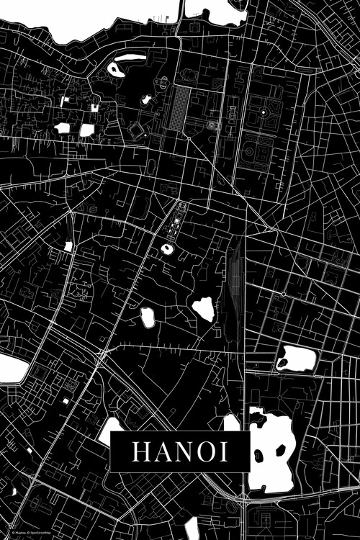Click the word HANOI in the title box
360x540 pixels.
pyautogui.click(x=179, y=451)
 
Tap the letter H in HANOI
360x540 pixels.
pyautogui.click(x=139, y=451)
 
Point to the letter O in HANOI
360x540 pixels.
pyautogui.click(x=203, y=451)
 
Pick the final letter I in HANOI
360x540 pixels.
pyautogui.click(x=223, y=451)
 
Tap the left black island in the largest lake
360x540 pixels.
pyautogui.click(x=259, y=454)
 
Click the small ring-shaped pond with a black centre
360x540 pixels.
pyautogui.click(x=167, y=249)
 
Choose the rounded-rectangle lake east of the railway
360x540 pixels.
pyautogui.click(x=297, y=358)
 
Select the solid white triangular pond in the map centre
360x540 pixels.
pyautogui.click(x=204, y=308)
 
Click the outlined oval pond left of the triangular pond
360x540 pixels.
pyautogui.click(x=148, y=317)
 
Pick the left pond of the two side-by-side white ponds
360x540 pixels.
pyautogui.click(x=63, y=128)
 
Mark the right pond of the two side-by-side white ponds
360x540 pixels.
pyautogui.click(x=86, y=130)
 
